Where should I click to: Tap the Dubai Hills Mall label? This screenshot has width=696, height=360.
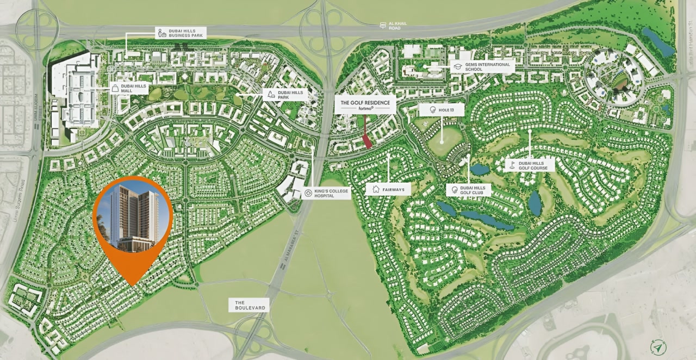click(x=129, y=88)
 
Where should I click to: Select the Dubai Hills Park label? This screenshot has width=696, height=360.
click(x=285, y=95)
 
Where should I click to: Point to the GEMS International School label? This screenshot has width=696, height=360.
click(x=482, y=67)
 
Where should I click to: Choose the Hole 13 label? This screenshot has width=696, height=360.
click(x=442, y=110)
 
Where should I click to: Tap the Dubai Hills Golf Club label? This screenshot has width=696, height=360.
click(x=468, y=190)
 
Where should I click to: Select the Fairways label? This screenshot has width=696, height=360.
click(x=388, y=189)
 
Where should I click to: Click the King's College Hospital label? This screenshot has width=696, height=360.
click(x=326, y=193)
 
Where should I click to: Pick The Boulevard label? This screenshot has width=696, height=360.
click(x=249, y=305)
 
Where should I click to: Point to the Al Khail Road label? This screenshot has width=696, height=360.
click(x=394, y=26)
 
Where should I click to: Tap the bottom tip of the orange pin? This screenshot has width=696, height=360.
click(x=133, y=284)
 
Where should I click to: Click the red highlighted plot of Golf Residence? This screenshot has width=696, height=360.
click(x=367, y=141)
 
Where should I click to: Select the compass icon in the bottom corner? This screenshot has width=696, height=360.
click(x=658, y=347)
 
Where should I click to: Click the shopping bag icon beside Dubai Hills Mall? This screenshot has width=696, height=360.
click(x=115, y=88)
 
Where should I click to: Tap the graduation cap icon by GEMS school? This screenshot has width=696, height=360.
click(x=457, y=67)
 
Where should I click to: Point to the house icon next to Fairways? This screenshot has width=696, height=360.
click(x=375, y=189)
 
